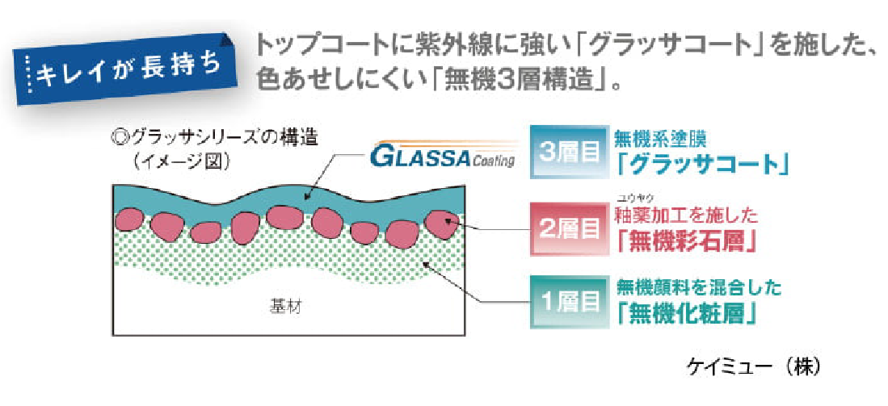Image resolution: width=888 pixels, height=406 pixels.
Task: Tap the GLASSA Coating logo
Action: coord(441,157)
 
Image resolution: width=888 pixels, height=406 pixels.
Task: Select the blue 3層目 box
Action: coord(568,151)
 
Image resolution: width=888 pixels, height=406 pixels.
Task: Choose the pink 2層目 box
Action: coord(568,228)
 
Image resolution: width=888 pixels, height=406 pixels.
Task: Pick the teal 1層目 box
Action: coord(568,303)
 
